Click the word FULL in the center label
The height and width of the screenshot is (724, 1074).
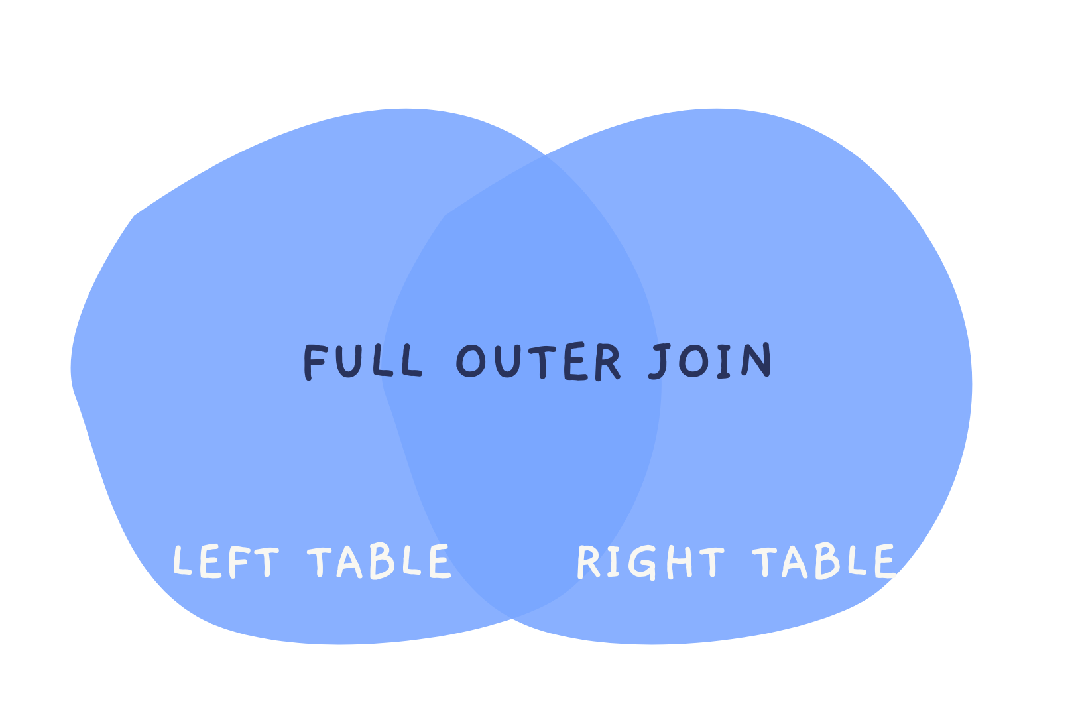[x=363, y=362]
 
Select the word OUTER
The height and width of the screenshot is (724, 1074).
[x=538, y=362]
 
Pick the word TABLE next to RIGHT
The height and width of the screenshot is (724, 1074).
[x=824, y=562]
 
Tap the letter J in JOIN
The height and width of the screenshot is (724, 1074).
[x=660, y=362]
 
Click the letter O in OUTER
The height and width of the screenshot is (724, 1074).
[x=471, y=362]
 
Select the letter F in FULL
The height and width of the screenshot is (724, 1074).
[x=316, y=362]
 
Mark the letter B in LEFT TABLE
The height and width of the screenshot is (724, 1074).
[x=383, y=562]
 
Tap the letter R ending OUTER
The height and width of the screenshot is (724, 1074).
[x=606, y=362]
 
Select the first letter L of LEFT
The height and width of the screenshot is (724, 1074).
[x=181, y=561]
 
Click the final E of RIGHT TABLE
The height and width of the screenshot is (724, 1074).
[x=883, y=562]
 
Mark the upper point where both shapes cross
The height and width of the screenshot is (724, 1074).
[x=545, y=155]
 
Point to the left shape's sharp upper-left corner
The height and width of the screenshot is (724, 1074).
[x=135, y=216]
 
